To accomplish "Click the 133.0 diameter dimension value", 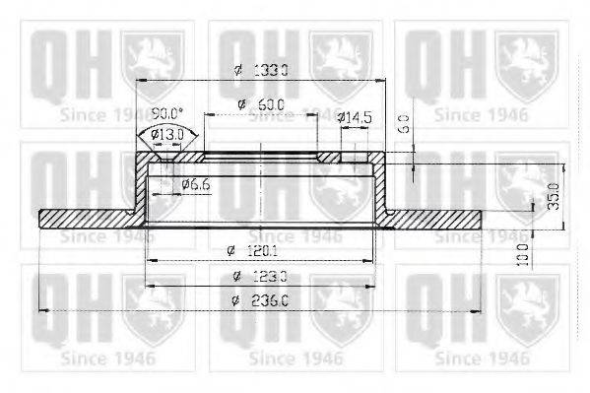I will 272,70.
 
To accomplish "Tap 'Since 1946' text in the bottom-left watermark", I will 98,356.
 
